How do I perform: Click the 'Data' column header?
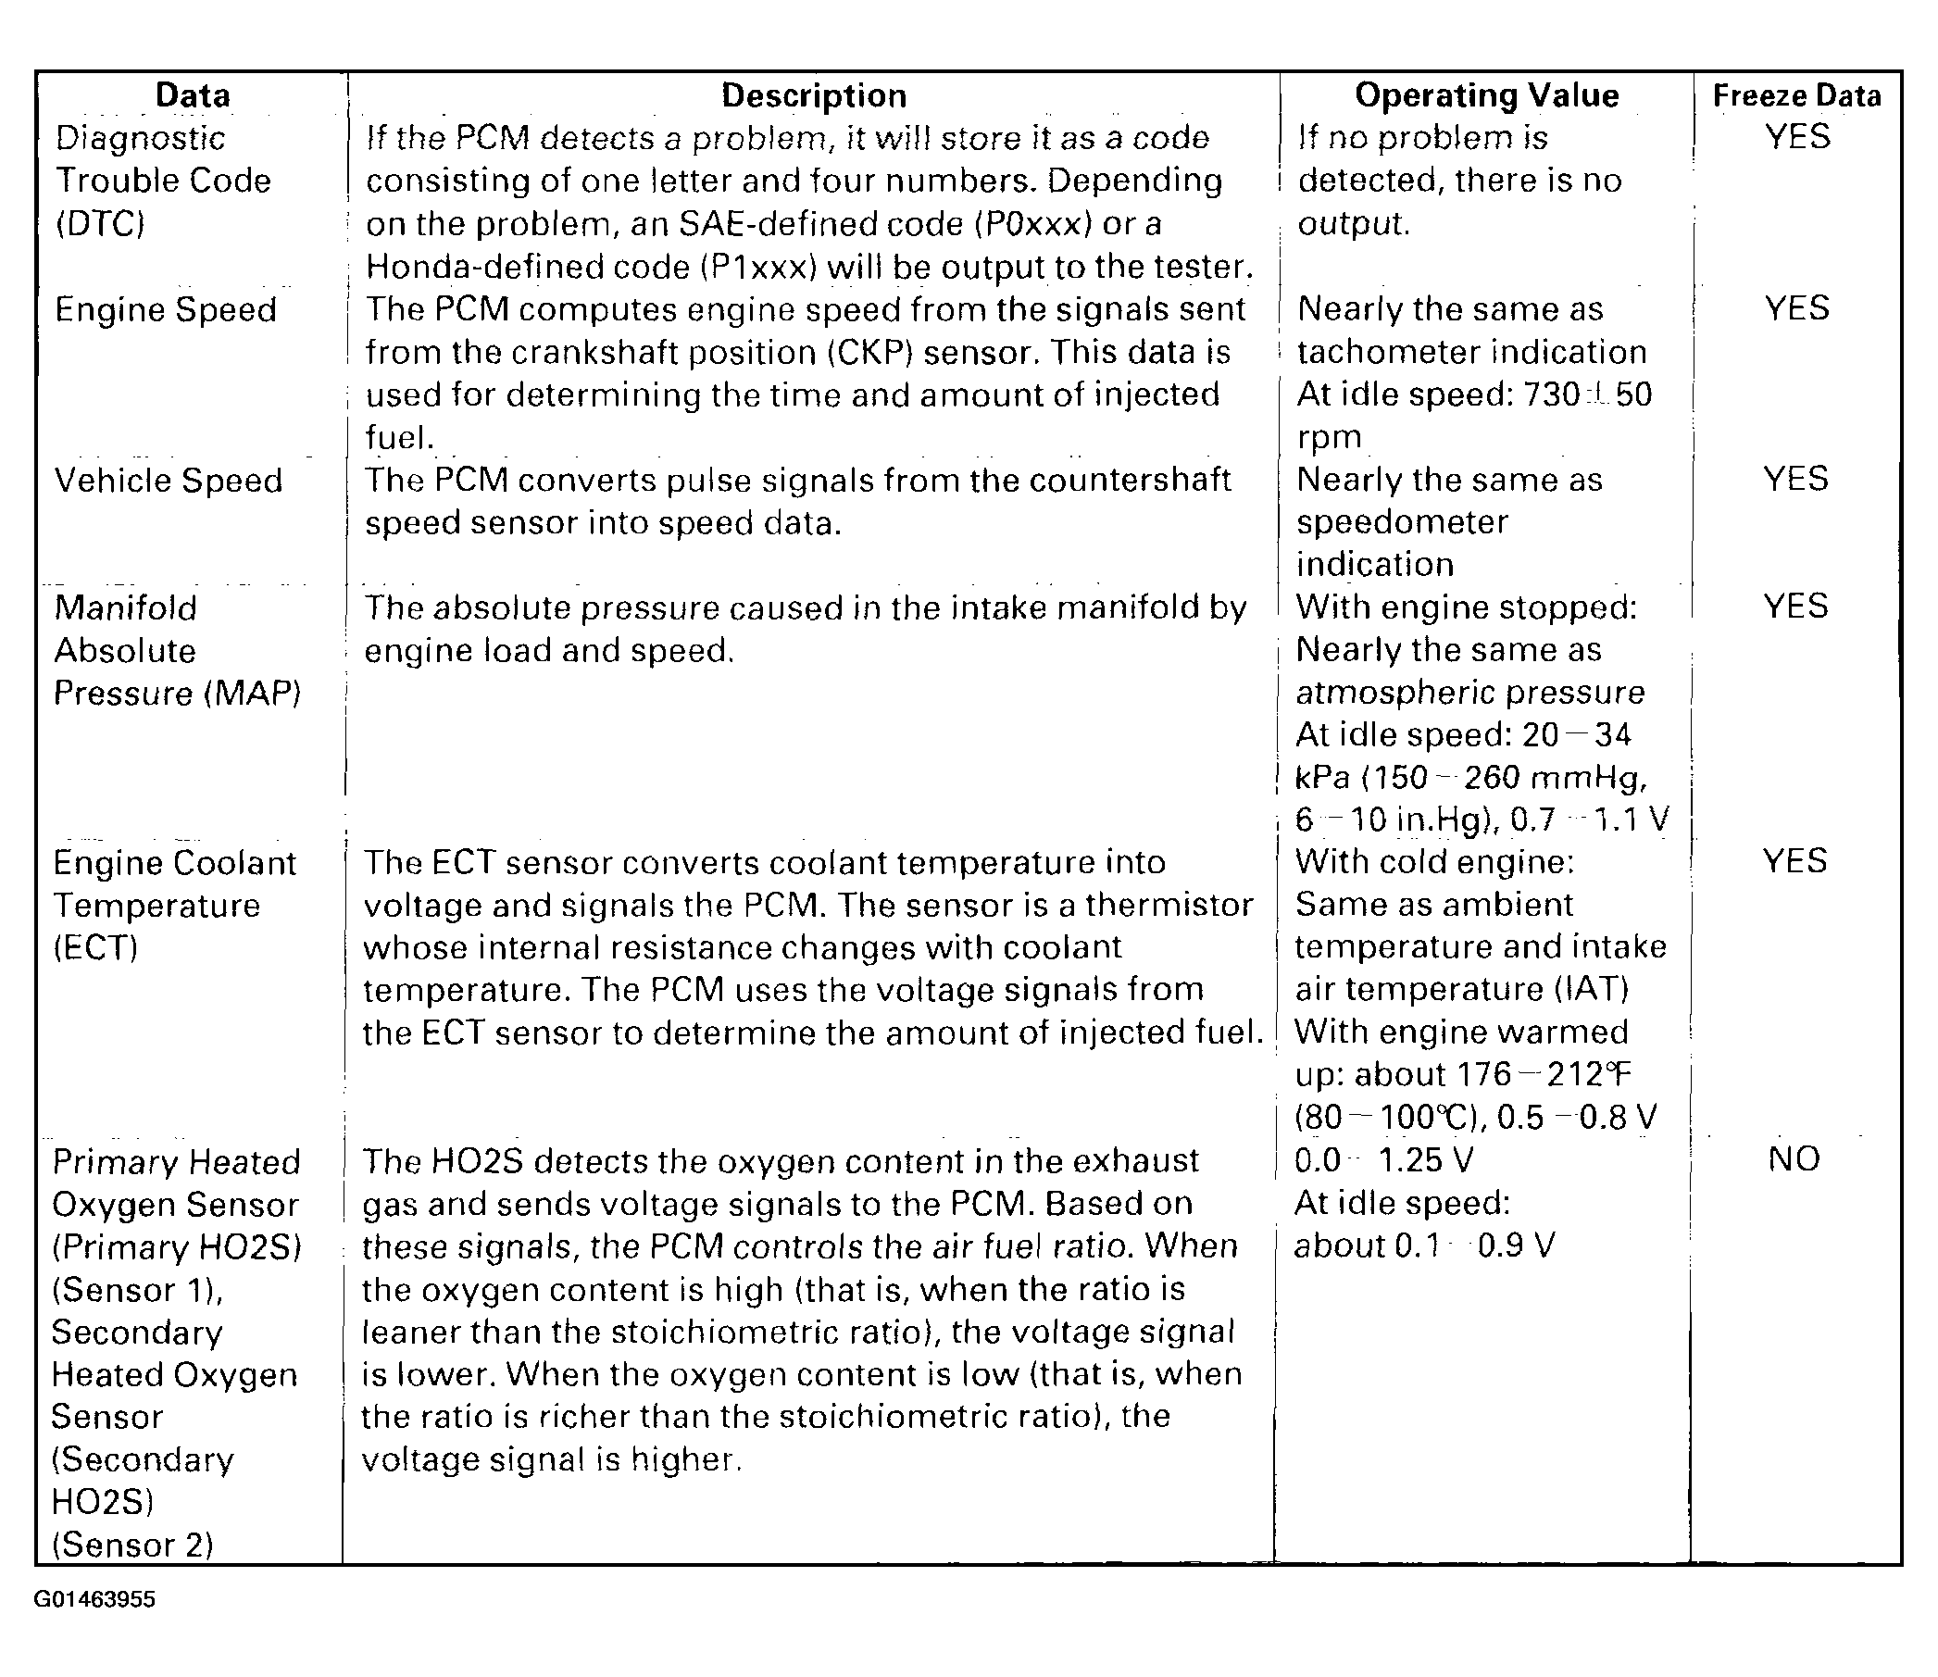(x=192, y=95)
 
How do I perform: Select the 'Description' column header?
(x=813, y=95)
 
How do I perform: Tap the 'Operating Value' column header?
(x=1486, y=95)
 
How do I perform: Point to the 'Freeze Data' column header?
(x=1795, y=95)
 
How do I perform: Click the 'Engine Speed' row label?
(x=166, y=310)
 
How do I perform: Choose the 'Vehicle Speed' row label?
(x=169, y=480)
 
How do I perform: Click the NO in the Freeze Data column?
(x=1794, y=1159)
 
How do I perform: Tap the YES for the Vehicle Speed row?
(x=1795, y=479)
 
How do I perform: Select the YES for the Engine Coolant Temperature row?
(x=1794, y=861)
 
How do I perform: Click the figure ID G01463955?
(x=94, y=1599)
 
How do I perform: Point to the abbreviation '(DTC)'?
(x=100, y=224)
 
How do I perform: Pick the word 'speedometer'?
(x=1402, y=522)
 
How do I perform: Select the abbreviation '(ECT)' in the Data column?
(x=95, y=948)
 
